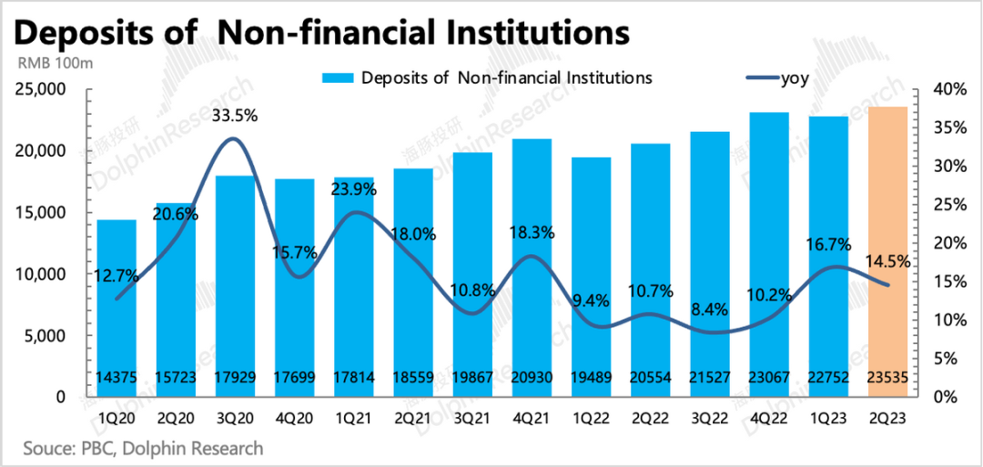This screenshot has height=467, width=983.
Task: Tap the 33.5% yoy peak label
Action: pos(235,116)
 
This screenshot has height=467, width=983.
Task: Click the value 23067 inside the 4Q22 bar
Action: pos(769,378)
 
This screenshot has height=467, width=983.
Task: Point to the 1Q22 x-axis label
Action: pos(591,421)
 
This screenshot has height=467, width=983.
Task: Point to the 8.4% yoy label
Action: pos(710,310)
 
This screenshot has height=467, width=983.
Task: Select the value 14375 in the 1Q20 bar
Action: pos(117,378)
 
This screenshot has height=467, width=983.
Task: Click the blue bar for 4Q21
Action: pos(532,264)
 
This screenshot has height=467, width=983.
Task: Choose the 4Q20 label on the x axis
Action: pos(294,421)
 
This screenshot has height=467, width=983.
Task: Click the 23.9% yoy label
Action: pos(354,190)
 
